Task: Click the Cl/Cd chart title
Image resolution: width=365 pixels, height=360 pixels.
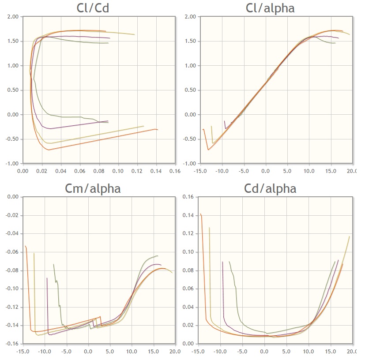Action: coord(93,8)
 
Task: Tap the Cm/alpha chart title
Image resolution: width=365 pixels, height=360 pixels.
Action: coord(93,188)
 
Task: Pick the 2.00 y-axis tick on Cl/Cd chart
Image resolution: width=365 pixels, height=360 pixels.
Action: coord(12,17)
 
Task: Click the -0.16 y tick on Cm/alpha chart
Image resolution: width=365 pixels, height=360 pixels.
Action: coord(12,344)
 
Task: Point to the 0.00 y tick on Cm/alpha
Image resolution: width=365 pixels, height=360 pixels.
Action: coord(13,197)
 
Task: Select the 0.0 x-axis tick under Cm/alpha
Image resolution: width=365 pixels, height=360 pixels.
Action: coord(88,351)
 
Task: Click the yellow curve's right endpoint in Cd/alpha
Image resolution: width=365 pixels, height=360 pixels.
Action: coord(350,236)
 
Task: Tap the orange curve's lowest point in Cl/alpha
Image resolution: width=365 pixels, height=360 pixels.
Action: coord(208,150)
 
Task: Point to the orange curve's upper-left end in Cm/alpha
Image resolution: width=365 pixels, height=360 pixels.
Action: coord(25,246)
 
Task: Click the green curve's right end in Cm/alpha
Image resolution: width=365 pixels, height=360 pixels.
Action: coord(158,256)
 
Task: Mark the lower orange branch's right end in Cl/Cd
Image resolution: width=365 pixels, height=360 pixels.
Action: coord(158,130)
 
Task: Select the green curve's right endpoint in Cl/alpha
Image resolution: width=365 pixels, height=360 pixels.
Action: coord(335,43)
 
